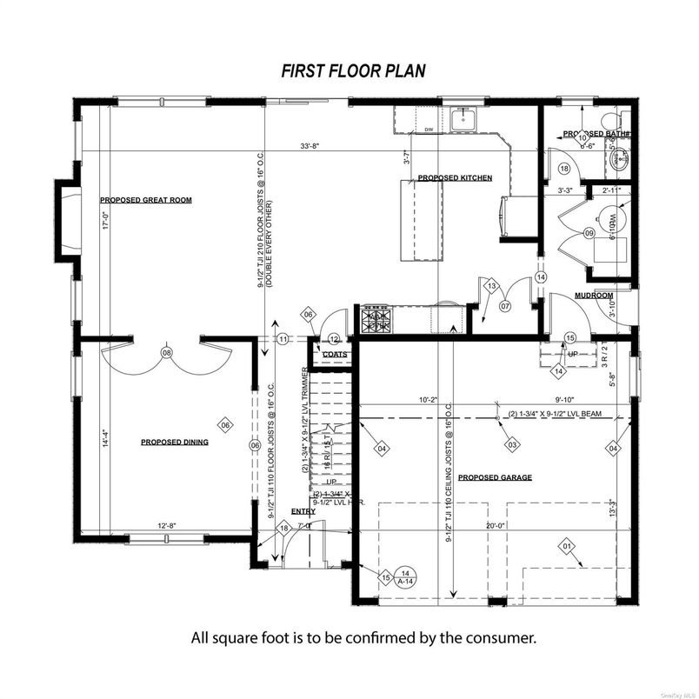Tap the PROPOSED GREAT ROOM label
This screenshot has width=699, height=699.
[145, 200]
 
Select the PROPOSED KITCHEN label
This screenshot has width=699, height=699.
[455, 178]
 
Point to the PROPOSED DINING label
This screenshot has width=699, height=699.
[174, 443]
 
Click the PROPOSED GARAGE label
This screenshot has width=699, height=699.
[495, 477]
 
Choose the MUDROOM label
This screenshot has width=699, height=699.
[594, 296]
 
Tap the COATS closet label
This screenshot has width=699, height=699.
[335, 354]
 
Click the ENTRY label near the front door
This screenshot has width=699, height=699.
[303, 512]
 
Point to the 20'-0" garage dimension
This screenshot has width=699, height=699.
[495, 525]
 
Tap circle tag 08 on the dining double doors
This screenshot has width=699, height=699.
[167, 352]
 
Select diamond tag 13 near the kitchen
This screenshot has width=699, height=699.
[490, 286]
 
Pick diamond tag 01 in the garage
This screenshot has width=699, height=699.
[567, 546]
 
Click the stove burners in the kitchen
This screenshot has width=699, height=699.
[377, 317]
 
